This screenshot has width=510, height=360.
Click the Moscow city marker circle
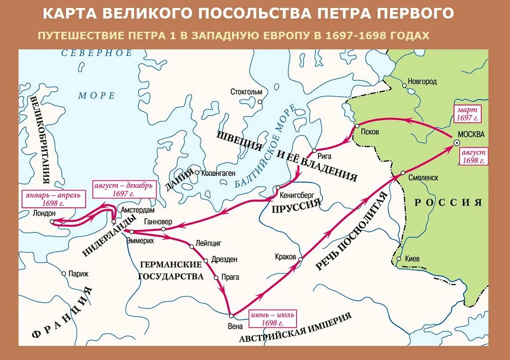click(456, 142)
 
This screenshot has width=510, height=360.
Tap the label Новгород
click(422, 82)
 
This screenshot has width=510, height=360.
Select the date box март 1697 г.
click(468, 113)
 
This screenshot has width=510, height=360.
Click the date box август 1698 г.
click(474, 156)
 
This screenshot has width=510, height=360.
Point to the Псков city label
click(370, 132)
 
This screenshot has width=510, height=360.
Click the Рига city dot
click(315, 151)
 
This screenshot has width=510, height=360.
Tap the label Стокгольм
click(246, 92)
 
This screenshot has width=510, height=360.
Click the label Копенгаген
click(218, 173)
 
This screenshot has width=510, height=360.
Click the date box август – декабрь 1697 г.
click(124, 189)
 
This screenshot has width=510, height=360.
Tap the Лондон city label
click(44, 213)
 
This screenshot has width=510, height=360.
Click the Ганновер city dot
click(163, 229)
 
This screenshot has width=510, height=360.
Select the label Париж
click(78, 274)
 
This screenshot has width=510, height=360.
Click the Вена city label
click(236, 326)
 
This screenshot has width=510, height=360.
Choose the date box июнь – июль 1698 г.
click(272, 319)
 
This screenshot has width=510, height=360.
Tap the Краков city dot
click(301, 259)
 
